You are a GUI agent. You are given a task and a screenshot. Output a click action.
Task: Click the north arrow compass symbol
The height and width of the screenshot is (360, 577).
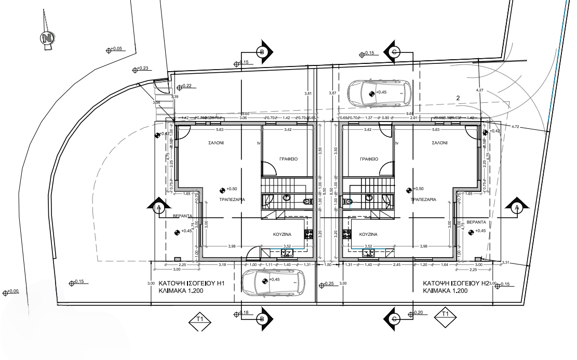tap(47, 38)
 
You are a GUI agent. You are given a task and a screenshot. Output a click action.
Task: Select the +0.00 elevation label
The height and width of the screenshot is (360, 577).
tap(11, 292)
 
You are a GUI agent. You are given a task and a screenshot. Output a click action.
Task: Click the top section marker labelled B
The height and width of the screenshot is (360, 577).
tap(262, 51)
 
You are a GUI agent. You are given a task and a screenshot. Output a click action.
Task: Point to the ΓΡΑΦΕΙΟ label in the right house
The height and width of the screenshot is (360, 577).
tap(367, 159)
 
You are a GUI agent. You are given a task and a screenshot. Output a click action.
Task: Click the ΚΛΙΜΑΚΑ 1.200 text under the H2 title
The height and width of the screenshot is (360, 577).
tap(445, 291)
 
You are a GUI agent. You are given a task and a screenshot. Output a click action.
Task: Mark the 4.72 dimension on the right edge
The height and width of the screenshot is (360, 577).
tap(515, 126)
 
